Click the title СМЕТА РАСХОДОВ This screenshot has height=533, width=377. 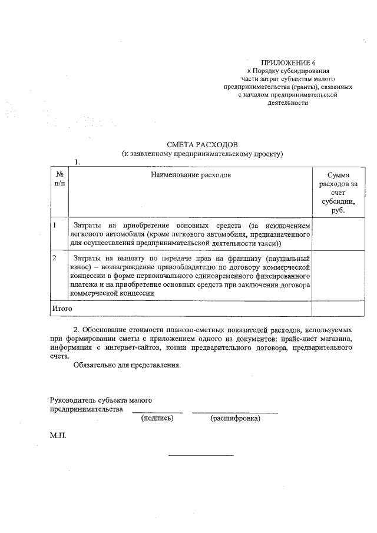(x=202, y=145)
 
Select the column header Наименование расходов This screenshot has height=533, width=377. (x=190, y=176)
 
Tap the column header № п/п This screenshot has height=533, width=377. (x=59, y=180)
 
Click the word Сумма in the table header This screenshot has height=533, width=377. (x=338, y=176)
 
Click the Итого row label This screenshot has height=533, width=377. (x=62, y=308)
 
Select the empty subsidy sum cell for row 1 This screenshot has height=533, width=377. (x=338, y=234)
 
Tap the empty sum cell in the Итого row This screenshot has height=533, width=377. (x=338, y=308)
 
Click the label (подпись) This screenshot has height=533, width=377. (x=157, y=419)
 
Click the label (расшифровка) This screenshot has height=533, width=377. (x=235, y=419)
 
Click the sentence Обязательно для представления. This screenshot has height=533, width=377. (x=127, y=365)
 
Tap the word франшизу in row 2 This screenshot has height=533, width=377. (x=242, y=259)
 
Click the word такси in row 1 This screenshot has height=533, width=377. (x=269, y=242)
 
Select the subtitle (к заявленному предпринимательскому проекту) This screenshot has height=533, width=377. (x=202, y=154)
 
